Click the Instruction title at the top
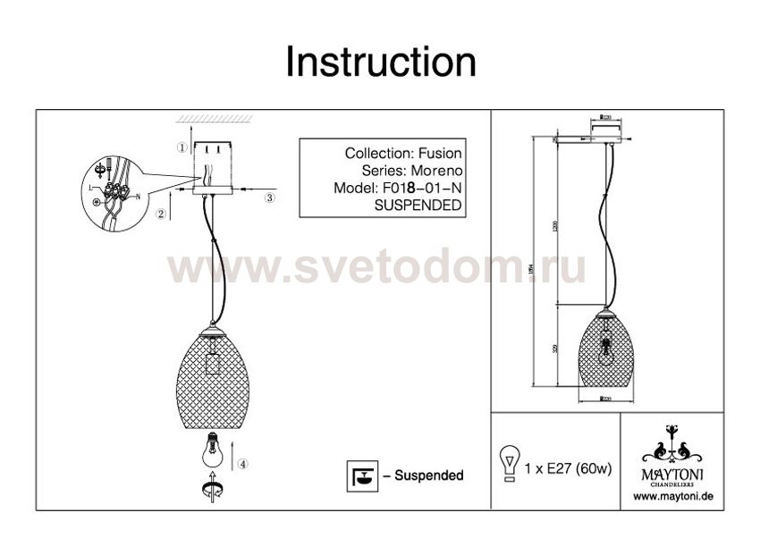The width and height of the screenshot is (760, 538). point(380,63)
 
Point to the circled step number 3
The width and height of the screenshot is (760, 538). point(269,198)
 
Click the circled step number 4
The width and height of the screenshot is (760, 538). point(243,464)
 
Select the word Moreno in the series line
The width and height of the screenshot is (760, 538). point(439,171)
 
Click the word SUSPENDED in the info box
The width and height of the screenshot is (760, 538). point(417,205)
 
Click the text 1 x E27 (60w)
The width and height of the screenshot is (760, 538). point(568,468)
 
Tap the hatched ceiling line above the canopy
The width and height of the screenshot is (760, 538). point(211,120)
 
